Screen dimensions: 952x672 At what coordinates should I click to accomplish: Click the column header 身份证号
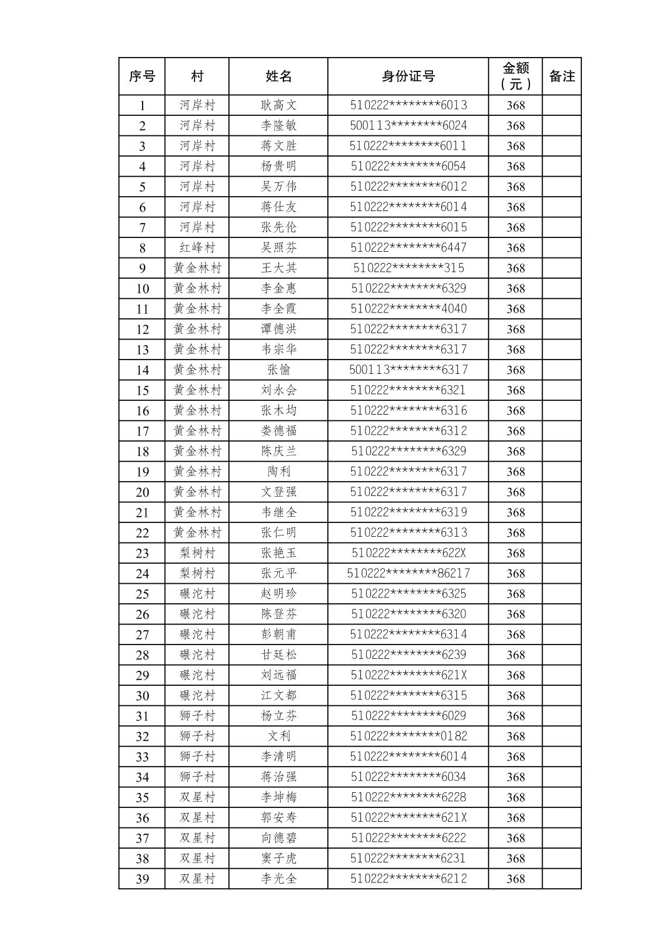[x=408, y=76]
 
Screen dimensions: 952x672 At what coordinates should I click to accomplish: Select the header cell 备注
[x=561, y=76]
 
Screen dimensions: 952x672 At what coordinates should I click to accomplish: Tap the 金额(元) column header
[x=516, y=76]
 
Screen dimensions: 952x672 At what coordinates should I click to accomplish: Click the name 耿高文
[x=278, y=105]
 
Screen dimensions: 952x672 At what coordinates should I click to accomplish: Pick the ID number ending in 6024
[x=408, y=125]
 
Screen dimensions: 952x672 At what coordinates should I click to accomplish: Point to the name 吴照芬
[x=278, y=247]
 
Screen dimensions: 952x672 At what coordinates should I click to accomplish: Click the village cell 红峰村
[x=197, y=247]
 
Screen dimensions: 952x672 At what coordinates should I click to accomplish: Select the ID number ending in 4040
[x=408, y=309]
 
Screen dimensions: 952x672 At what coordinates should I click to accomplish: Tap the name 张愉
[x=278, y=370]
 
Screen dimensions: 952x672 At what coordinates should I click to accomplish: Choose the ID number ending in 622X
[x=408, y=553]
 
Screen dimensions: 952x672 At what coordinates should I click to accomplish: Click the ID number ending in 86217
[x=408, y=573]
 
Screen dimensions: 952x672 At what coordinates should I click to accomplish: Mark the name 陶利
[x=278, y=472]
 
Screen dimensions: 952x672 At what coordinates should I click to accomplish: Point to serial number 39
[x=142, y=879]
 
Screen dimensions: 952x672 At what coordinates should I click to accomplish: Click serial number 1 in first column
[x=142, y=105]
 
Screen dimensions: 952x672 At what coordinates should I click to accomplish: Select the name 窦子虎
[x=278, y=858]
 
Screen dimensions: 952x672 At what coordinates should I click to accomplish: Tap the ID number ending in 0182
[x=408, y=736]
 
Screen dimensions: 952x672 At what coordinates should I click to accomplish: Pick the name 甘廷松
[x=278, y=654]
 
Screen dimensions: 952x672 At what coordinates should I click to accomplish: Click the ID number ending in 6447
[x=408, y=247]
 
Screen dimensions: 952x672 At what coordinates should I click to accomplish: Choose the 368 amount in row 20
[x=516, y=492]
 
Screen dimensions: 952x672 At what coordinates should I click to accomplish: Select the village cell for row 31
[x=197, y=716]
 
